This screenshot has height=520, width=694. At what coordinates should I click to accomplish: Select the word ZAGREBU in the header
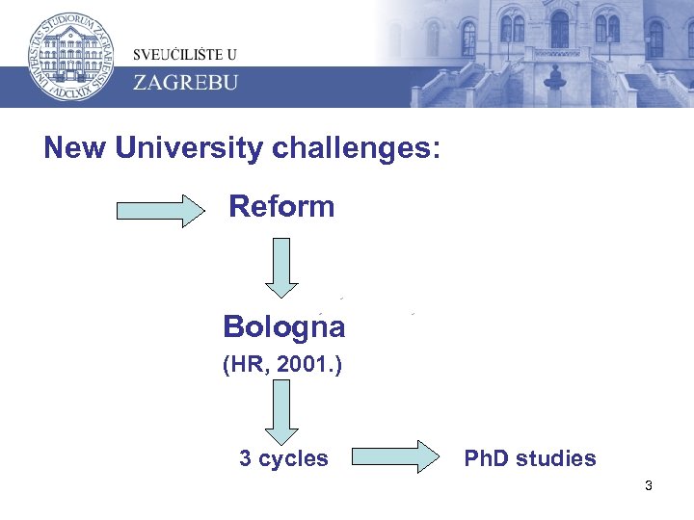point(184,81)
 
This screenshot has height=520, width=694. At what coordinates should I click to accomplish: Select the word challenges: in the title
point(357,148)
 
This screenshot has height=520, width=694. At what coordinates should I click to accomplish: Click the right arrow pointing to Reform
point(161,209)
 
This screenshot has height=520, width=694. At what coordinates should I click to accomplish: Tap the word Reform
point(281,207)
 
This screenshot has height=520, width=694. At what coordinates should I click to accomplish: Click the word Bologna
point(283,327)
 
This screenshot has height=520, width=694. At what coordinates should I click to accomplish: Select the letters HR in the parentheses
point(243,366)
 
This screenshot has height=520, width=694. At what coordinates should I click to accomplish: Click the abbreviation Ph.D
point(488,458)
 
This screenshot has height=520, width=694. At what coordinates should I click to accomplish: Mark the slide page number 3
point(649,486)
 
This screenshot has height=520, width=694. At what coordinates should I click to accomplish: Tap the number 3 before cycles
point(246,458)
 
